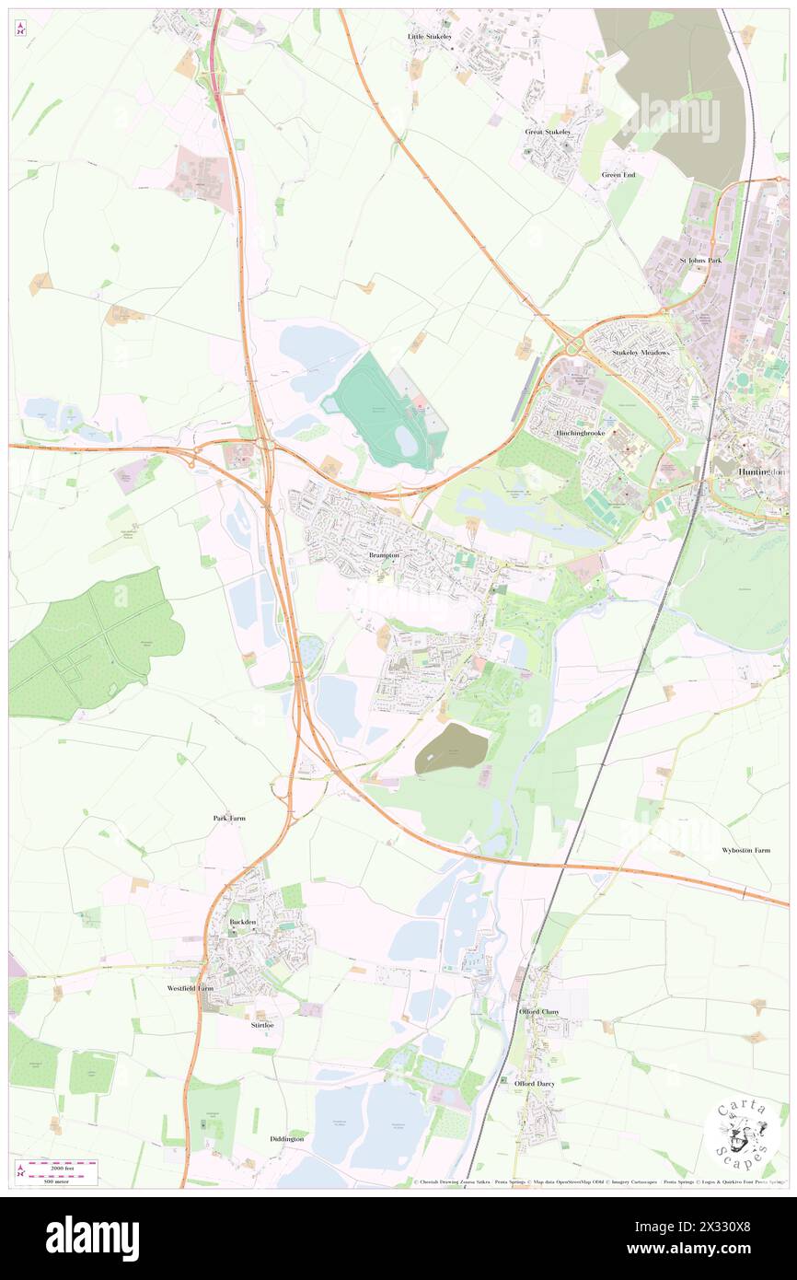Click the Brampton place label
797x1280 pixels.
pyautogui.click(x=384, y=556)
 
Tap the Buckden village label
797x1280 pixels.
pyautogui.click(x=241, y=922)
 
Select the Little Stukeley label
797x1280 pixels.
pyautogui.click(x=430, y=36)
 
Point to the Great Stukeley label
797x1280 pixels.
pyautogui.click(x=548, y=132)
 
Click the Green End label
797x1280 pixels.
pyautogui.click(x=618, y=175)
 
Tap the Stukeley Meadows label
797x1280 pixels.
pyautogui.click(x=642, y=353)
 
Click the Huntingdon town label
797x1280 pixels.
pyautogui.click(x=763, y=471)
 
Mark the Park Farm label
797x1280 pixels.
pyautogui.click(x=229, y=818)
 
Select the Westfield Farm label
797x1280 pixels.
pyautogui.click(x=190, y=988)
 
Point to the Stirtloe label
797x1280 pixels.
pyautogui.click(x=262, y=1025)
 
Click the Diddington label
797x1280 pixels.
pyautogui.click(x=287, y=1139)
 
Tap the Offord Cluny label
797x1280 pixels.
pyautogui.click(x=537, y=1012)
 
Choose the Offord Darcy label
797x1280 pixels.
pyautogui.click(x=535, y=1084)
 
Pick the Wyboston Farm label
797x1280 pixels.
pyautogui.click(x=745, y=850)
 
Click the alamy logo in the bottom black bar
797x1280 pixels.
pyautogui.click(x=92, y=1238)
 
